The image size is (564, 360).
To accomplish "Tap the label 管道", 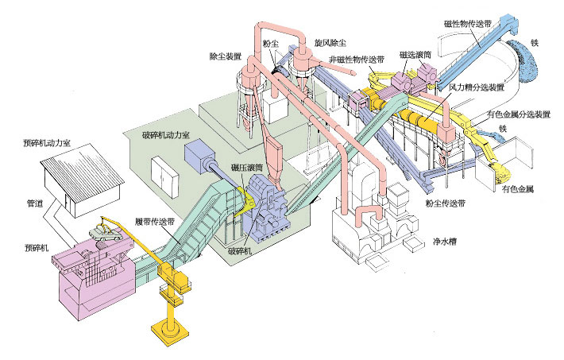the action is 35,203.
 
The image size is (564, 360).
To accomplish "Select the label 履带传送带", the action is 156,221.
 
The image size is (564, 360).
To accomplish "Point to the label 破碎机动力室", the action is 166,135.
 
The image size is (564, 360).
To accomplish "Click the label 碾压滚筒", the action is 247,168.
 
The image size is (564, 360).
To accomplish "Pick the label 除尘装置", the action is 226,56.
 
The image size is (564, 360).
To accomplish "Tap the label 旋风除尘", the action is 330,43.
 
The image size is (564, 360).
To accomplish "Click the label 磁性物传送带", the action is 468,24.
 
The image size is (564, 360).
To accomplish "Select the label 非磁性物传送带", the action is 357,59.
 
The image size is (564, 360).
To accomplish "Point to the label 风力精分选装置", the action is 477,87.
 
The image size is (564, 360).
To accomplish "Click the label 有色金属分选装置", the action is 519,114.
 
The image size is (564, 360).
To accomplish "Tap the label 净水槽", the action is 445,242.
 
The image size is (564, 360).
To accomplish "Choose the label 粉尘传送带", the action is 446,203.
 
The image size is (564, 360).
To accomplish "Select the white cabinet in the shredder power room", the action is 164,177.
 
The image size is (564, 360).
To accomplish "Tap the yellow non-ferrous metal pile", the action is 501,172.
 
